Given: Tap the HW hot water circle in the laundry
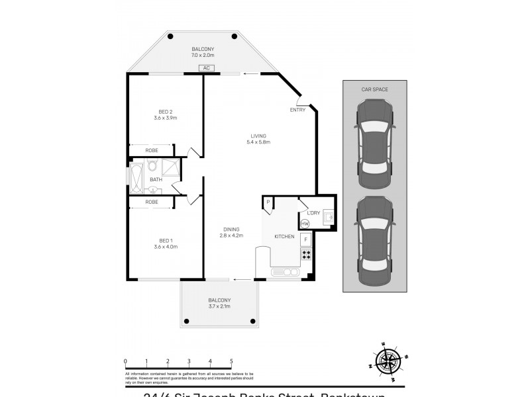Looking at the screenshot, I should coord(305,224).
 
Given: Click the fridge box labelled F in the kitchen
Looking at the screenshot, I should coord(305,239).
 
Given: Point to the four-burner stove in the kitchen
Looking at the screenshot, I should coord(306,254).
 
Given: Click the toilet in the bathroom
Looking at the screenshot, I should coord(152,166).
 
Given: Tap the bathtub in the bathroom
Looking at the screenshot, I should coord(136,179).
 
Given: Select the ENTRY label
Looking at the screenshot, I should coord(297,110).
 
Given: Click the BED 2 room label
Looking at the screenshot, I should coord(166,111).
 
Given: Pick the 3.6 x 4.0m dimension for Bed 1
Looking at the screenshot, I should coord(166,247).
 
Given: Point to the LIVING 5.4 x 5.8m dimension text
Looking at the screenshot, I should coord(258,142).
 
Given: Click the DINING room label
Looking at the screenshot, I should coord(231,229).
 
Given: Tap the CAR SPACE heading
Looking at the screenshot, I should coord(375,89).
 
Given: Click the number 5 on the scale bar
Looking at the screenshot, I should coord(231,361).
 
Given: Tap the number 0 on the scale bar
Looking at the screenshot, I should coord(125,361).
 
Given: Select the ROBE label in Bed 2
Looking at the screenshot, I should coord(152,151).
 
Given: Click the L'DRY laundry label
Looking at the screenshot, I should coord(313,212).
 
